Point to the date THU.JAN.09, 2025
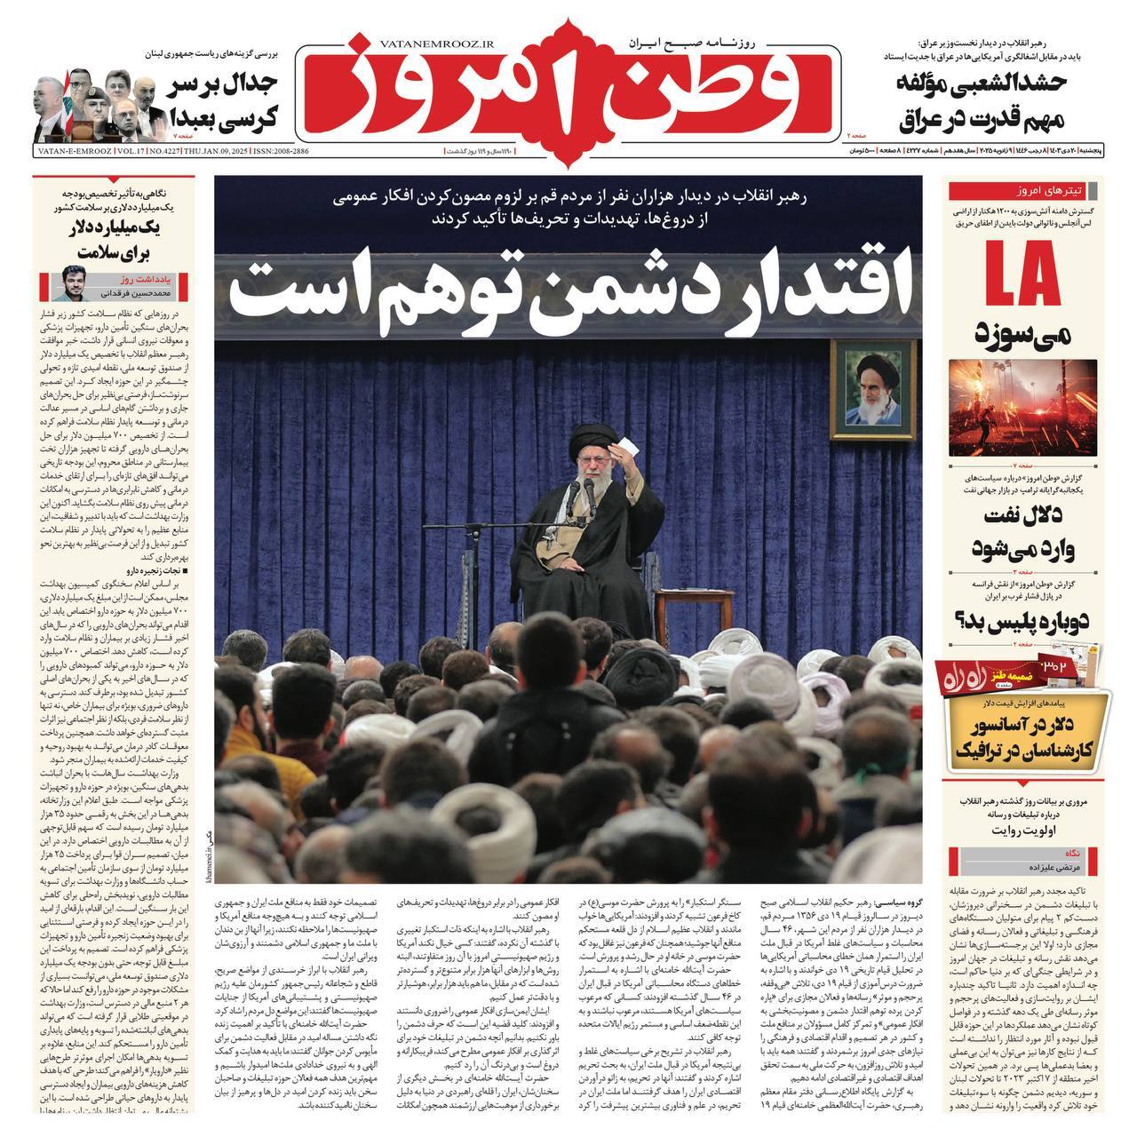pos(218,153)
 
